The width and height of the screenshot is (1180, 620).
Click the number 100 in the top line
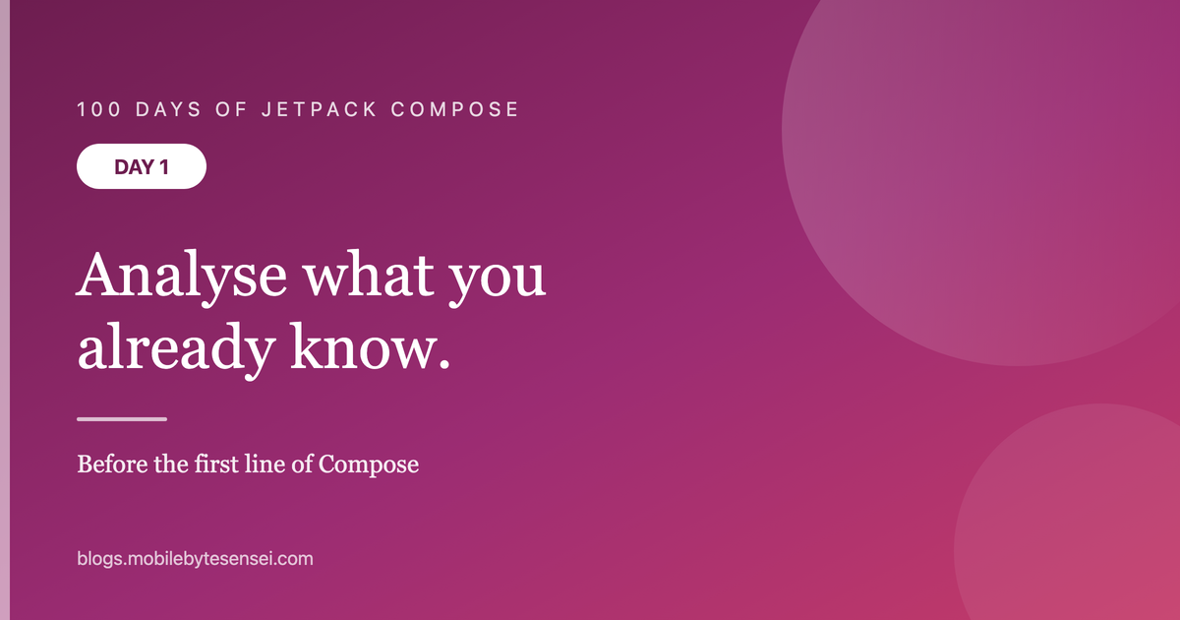(99, 109)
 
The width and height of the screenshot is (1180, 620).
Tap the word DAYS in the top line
(168, 109)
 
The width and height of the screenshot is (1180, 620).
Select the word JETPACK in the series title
(320, 109)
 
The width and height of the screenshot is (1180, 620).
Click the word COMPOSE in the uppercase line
(454, 109)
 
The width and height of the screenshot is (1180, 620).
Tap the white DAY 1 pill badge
(142, 166)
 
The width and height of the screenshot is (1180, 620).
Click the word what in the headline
(368, 276)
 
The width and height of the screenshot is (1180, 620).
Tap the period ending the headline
(444, 363)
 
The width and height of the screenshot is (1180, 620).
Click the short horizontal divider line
(122, 419)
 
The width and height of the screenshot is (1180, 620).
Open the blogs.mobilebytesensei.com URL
(195, 559)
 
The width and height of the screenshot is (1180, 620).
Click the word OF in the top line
(231, 109)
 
